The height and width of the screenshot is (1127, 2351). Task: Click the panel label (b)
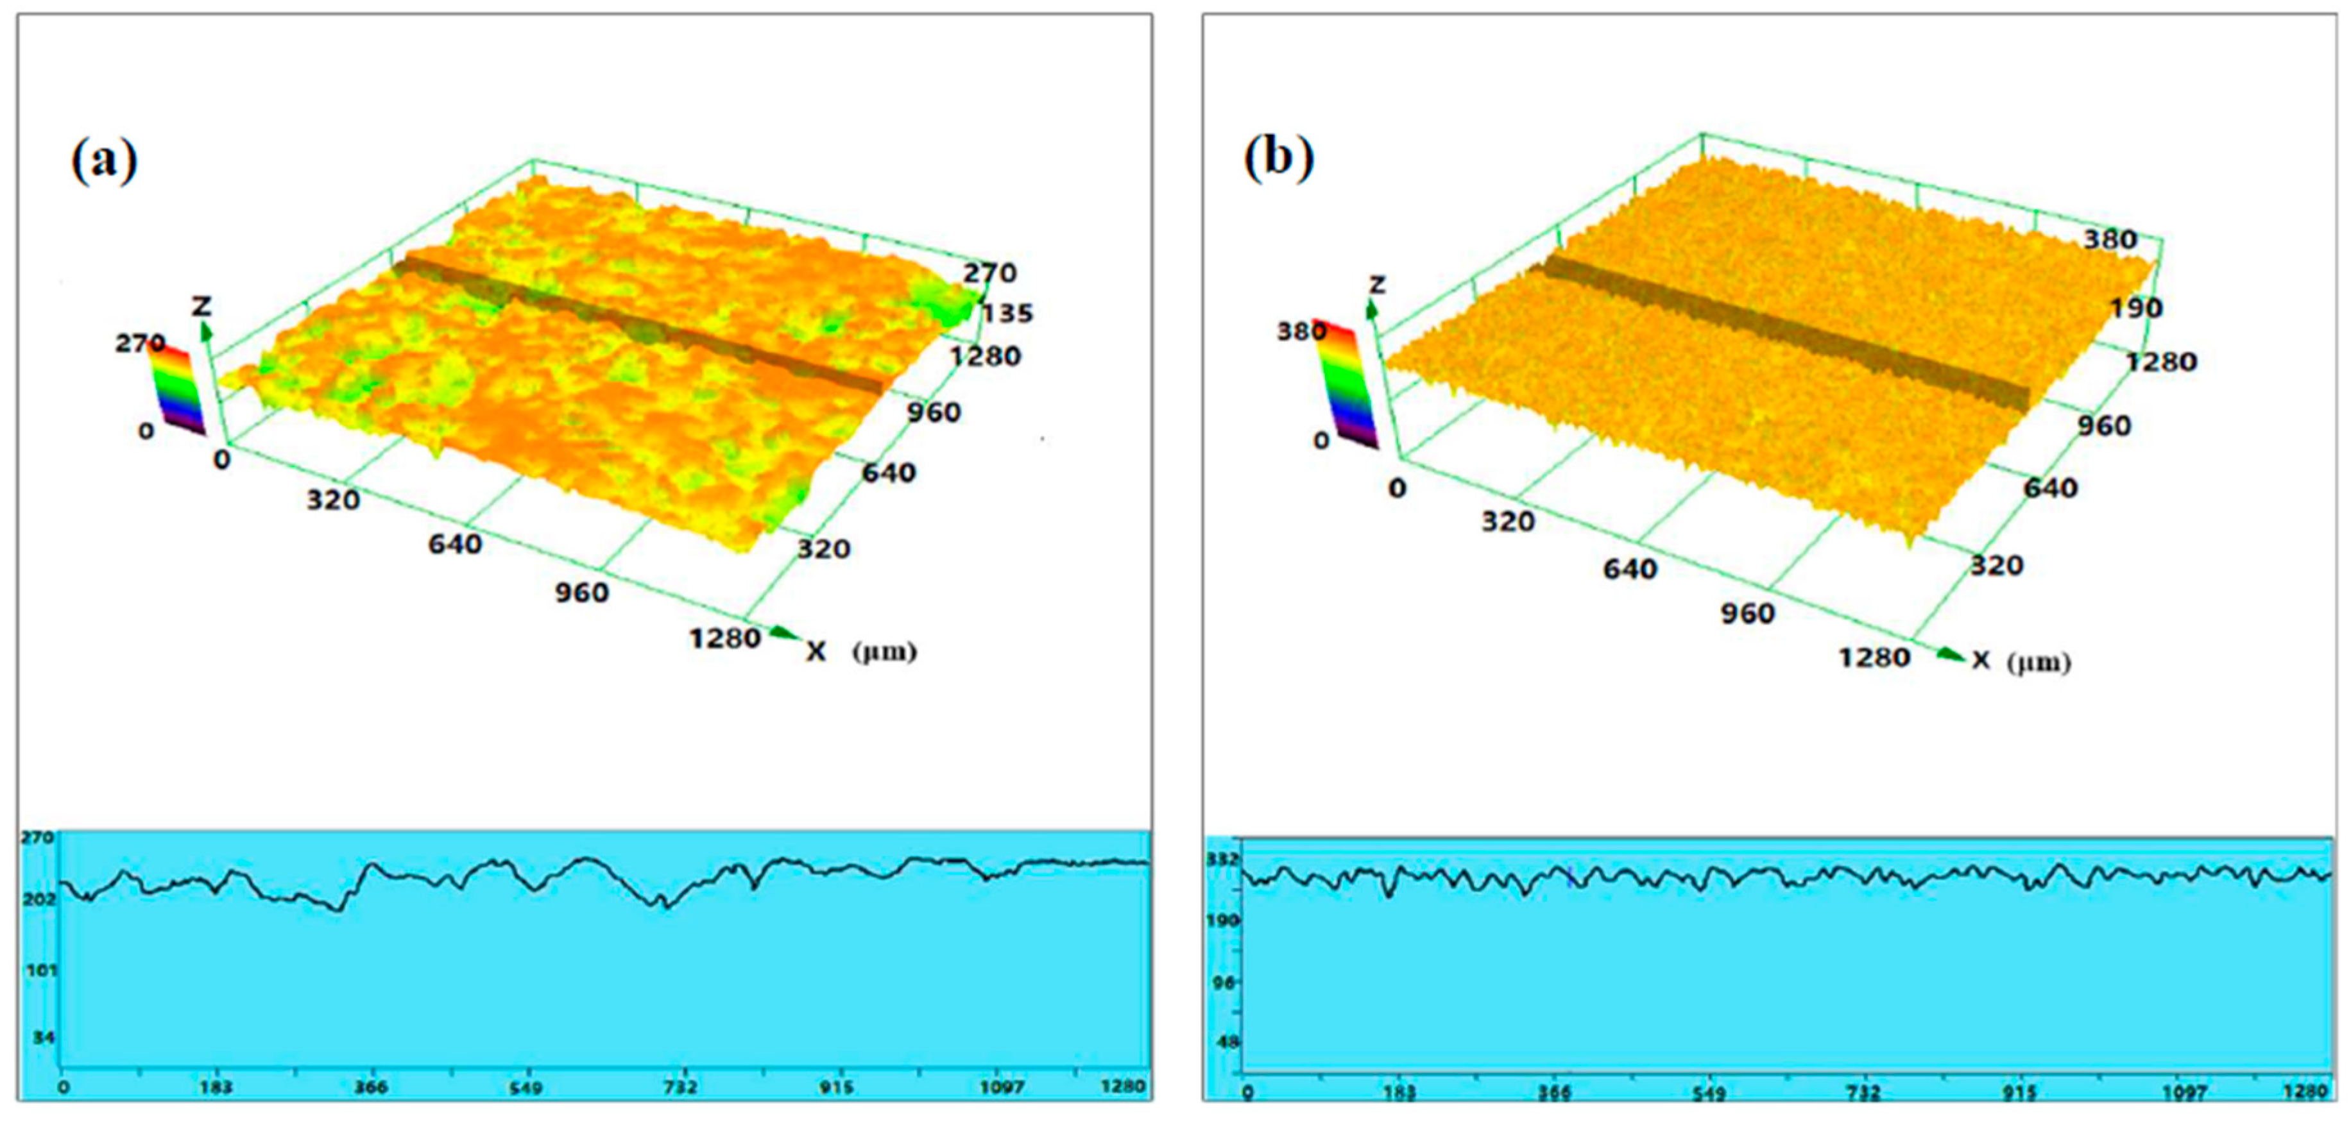point(1279,158)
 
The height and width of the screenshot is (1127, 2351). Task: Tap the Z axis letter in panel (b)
point(1377,285)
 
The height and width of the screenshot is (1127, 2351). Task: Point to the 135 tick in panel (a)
point(1007,313)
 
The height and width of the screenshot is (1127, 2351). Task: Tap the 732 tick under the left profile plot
point(681,1087)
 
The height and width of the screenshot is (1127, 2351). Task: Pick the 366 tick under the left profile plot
point(370,1087)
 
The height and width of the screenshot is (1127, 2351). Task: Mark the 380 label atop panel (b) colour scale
point(1301,331)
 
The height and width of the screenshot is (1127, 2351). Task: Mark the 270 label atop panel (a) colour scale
point(140,343)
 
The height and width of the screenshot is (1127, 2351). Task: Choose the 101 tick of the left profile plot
point(41,970)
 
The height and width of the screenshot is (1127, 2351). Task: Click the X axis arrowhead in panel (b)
point(1951,654)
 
